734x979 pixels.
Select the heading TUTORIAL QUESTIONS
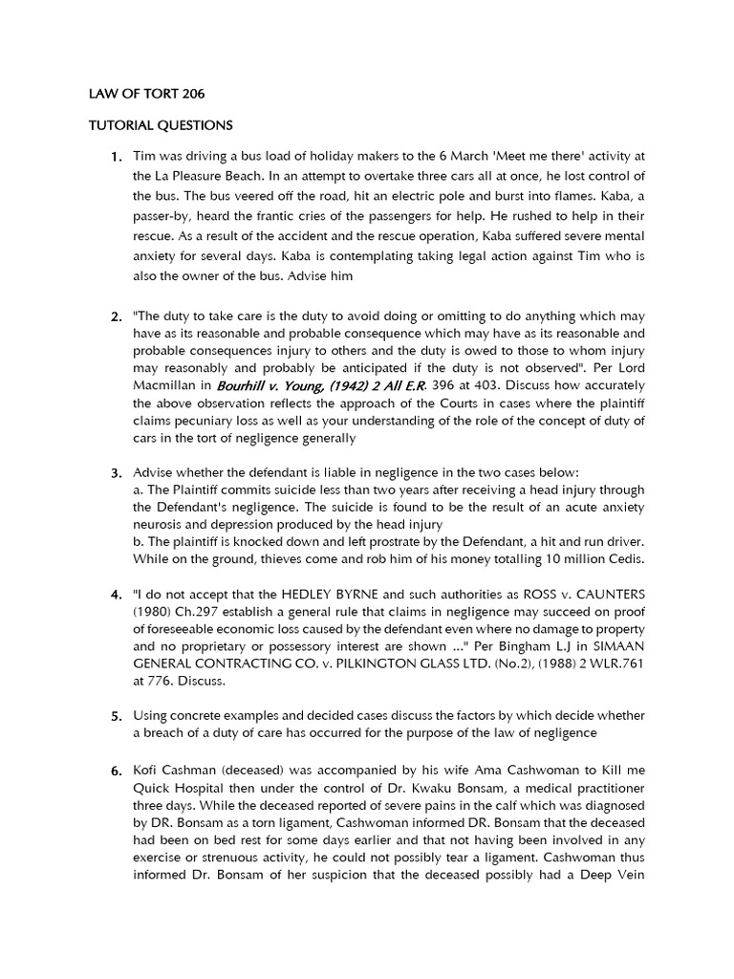pos(161,125)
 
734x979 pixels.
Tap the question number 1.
pos(116,156)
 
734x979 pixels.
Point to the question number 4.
pos(116,596)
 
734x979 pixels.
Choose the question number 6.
pos(116,768)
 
